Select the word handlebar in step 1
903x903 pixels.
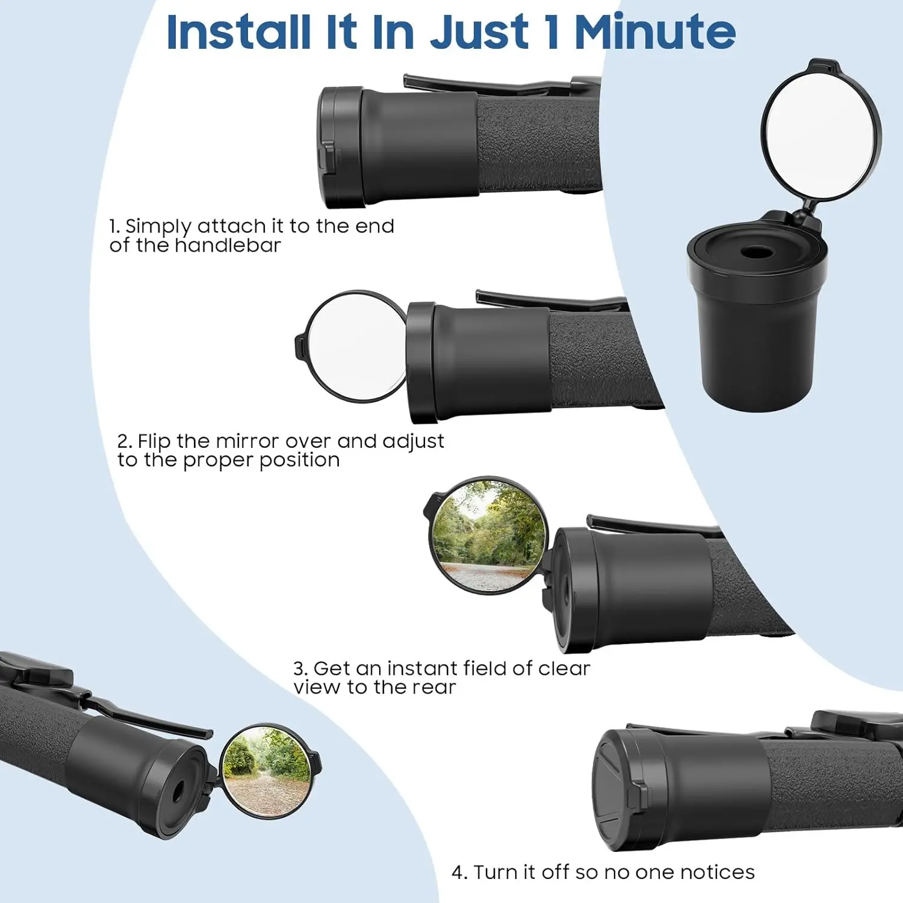228,245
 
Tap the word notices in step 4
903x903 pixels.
718,872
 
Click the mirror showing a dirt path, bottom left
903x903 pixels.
267,772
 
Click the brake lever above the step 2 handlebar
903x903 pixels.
551,300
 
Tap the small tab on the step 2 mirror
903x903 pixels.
299,347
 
